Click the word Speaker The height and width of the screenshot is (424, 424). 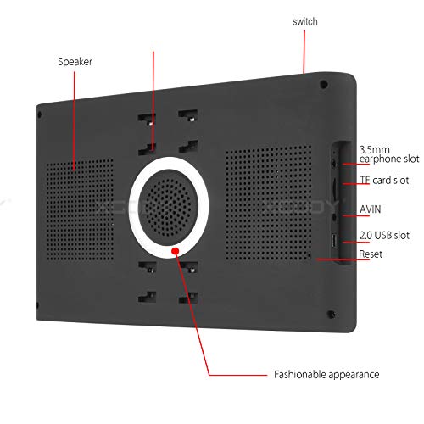(75, 62)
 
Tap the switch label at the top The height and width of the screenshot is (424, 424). (304, 22)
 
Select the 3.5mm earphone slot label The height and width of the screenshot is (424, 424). (389, 154)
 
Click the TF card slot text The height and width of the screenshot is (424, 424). (384, 180)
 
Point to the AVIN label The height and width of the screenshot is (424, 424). (371, 209)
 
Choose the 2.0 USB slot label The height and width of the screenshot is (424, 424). (384, 235)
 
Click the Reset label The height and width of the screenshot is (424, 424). (371, 254)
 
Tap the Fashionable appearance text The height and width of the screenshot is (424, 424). (326, 375)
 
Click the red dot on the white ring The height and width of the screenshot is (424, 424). (176, 251)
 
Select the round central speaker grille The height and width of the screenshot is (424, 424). (169, 208)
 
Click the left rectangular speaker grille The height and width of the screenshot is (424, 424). (80, 209)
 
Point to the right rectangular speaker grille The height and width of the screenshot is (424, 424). (269, 203)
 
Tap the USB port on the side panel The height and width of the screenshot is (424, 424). (334, 240)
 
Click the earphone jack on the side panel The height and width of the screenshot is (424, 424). (335, 163)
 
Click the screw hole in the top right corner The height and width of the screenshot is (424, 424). (324, 84)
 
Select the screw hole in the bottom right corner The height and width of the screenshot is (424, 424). (331, 315)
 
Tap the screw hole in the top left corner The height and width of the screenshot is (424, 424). (40, 114)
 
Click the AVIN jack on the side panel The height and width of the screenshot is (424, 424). (335, 217)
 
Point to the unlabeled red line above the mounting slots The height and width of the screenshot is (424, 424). (153, 100)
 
